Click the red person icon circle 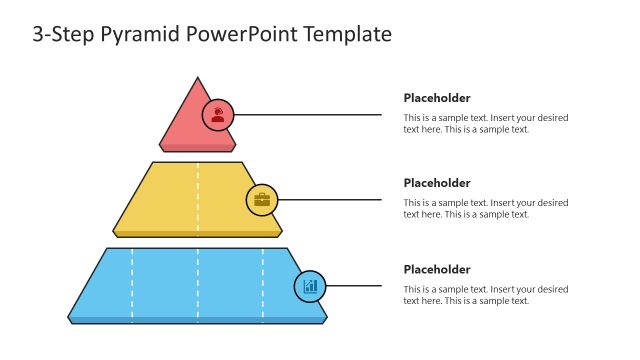tap(218, 114)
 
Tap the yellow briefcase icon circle tap(262, 199)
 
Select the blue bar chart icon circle tap(310, 286)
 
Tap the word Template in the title tap(340, 34)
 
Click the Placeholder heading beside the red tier tap(437, 98)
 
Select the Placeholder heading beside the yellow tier tap(437, 183)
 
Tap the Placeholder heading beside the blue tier tap(437, 269)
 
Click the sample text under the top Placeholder tap(485, 123)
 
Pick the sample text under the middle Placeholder tap(485, 209)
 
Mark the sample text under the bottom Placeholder tap(485, 295)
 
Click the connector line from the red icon tap(310, 114)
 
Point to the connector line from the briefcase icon tap(330, 199)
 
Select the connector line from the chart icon tap(355, 286)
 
